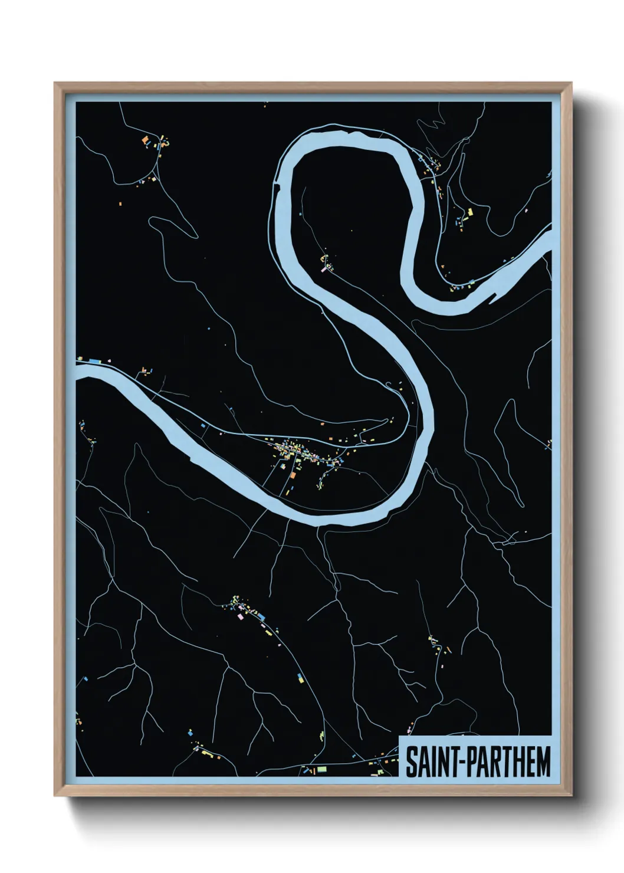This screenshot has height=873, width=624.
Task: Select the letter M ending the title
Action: tap(543, 762)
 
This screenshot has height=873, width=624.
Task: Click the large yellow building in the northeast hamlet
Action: tap(470, 212)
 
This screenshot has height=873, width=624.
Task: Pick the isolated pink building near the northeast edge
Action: tap(525, 210)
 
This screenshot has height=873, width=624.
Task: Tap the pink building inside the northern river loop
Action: tap(323, 269)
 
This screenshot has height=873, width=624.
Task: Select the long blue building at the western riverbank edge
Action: tap(93, 359)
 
